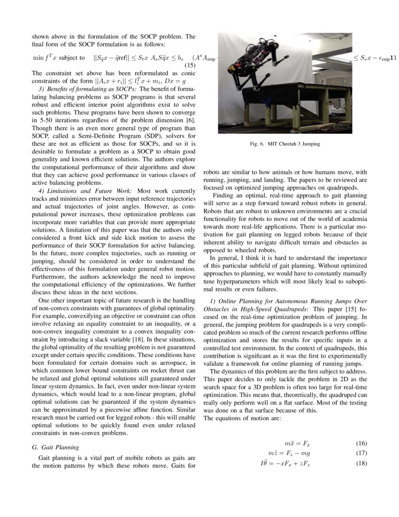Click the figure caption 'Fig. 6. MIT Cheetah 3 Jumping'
tap(285, 144)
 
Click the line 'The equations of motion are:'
tap(242, 419)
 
